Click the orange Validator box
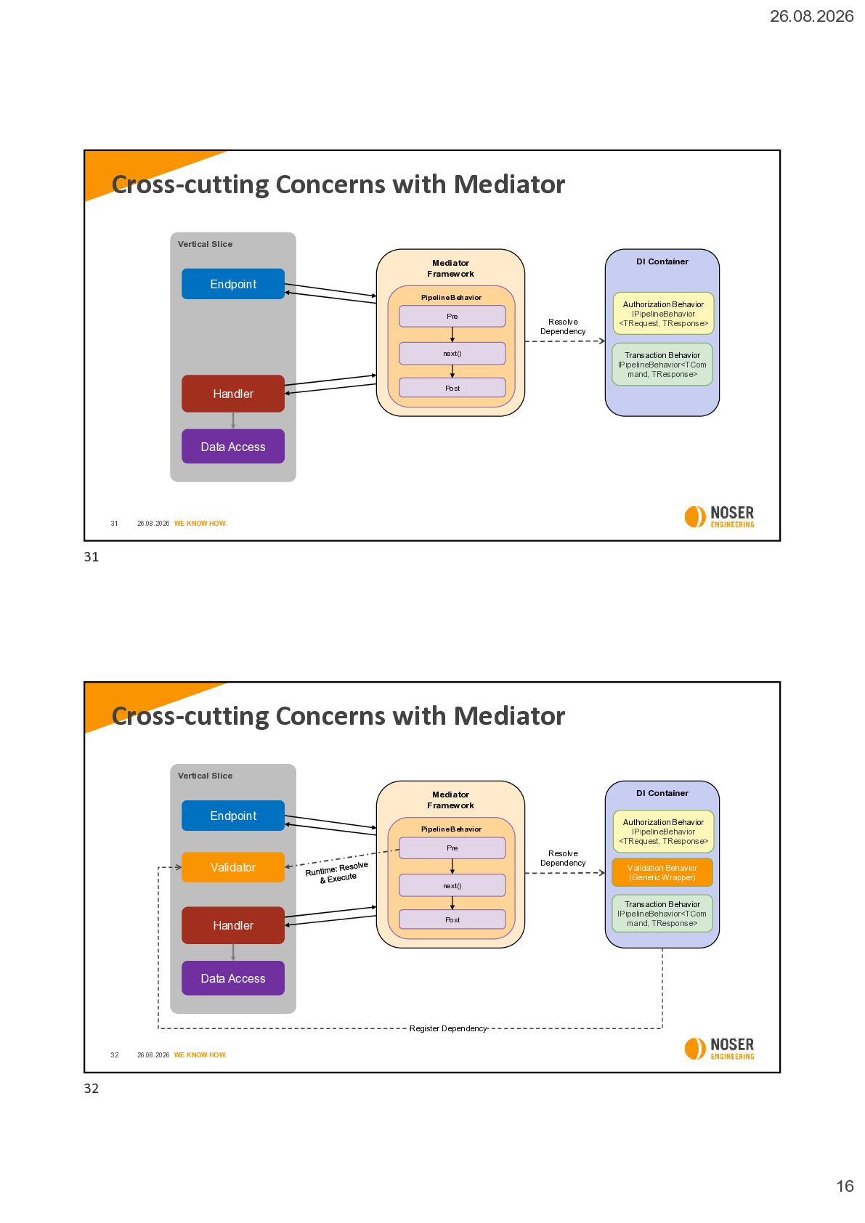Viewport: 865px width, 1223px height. point(232,867)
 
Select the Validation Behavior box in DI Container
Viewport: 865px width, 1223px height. point(662,872)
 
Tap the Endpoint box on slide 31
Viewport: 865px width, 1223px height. point(232,284)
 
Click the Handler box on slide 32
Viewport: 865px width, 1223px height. point(232,925)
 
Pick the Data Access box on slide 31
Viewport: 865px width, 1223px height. point(232,447)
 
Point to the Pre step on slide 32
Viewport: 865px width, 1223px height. point(452,848)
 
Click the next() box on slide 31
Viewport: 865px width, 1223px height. point(452,353)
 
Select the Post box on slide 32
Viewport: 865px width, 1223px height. point(452,919)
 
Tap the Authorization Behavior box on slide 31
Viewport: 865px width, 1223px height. point(663,314)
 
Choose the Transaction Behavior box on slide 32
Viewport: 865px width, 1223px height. point(662,914)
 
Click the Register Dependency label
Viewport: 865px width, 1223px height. point(448,1028)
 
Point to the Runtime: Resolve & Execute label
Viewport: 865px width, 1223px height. point(338,873)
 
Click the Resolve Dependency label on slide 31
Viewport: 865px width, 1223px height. point(563,327)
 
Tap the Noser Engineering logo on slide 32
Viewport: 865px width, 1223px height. point(719,1049)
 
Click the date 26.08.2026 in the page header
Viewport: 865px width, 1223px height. point(811,17)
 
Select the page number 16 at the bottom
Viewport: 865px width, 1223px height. point(845,1186)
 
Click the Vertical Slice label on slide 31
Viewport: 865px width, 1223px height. point(205,244)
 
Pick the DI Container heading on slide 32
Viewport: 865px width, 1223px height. point(662,793)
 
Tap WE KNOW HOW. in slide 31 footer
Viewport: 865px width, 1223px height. point(200,523)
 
